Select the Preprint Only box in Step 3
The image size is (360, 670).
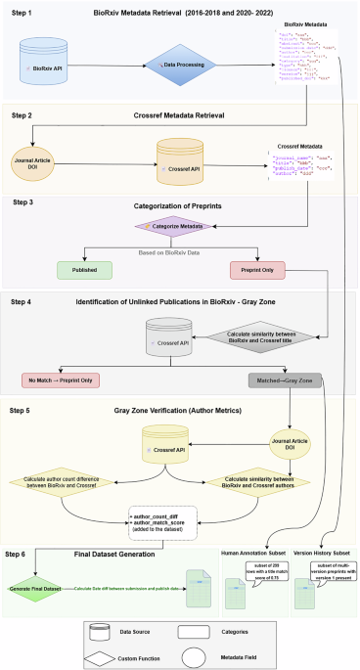tap(255, 268)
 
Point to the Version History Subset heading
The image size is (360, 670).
tap(322, 555)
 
